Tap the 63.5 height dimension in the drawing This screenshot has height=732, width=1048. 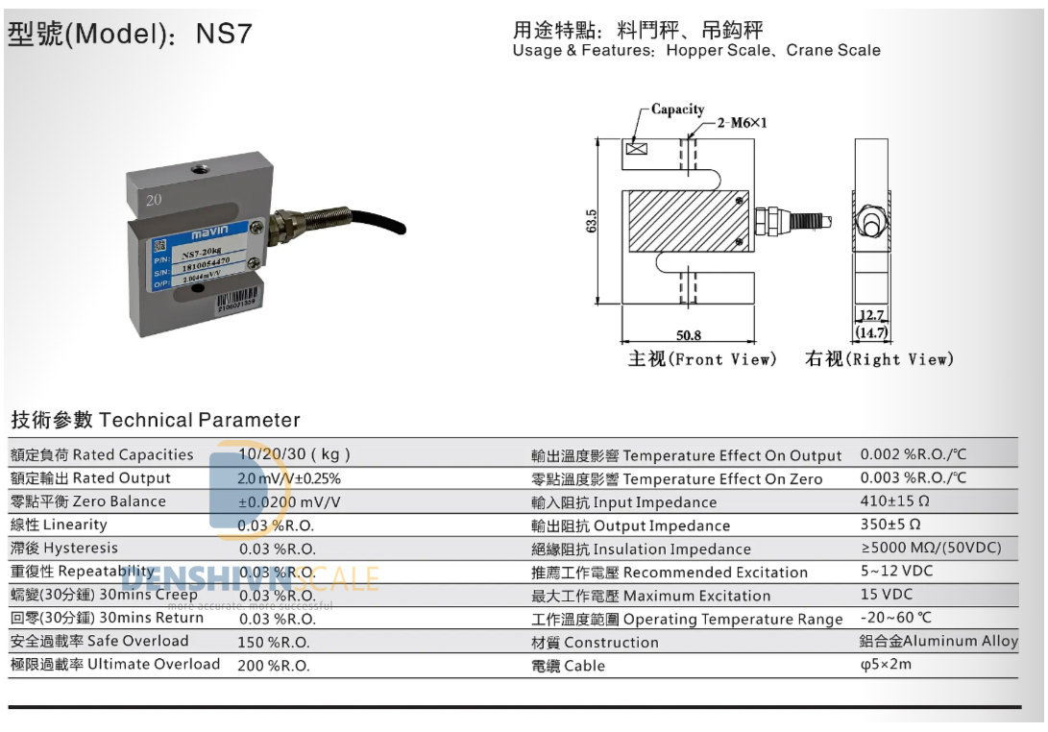[592, 221]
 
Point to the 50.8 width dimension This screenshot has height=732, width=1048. [689, 335]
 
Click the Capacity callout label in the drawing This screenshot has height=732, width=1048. [677, 110]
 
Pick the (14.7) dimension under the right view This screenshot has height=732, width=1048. [872, 333]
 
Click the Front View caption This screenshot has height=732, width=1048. [701, 359]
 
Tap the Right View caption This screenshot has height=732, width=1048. [880, 359]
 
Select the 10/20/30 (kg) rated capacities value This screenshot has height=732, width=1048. [294, 454]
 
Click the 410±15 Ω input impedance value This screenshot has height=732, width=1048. [894, 500]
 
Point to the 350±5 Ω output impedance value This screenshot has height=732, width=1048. [890, 525]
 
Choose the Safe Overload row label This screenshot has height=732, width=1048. [100, 641]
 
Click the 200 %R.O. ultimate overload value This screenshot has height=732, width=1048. [274, 665]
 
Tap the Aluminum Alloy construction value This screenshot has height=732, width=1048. [938, 641]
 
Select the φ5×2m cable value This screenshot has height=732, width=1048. [886, 665]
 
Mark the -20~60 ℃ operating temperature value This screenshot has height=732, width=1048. [895, 618]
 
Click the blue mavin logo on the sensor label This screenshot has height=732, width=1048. [205, 232]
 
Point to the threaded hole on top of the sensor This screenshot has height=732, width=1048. [202, 171]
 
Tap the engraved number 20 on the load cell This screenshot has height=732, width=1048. [154, 201]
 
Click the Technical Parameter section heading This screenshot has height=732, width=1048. [156, 420]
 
